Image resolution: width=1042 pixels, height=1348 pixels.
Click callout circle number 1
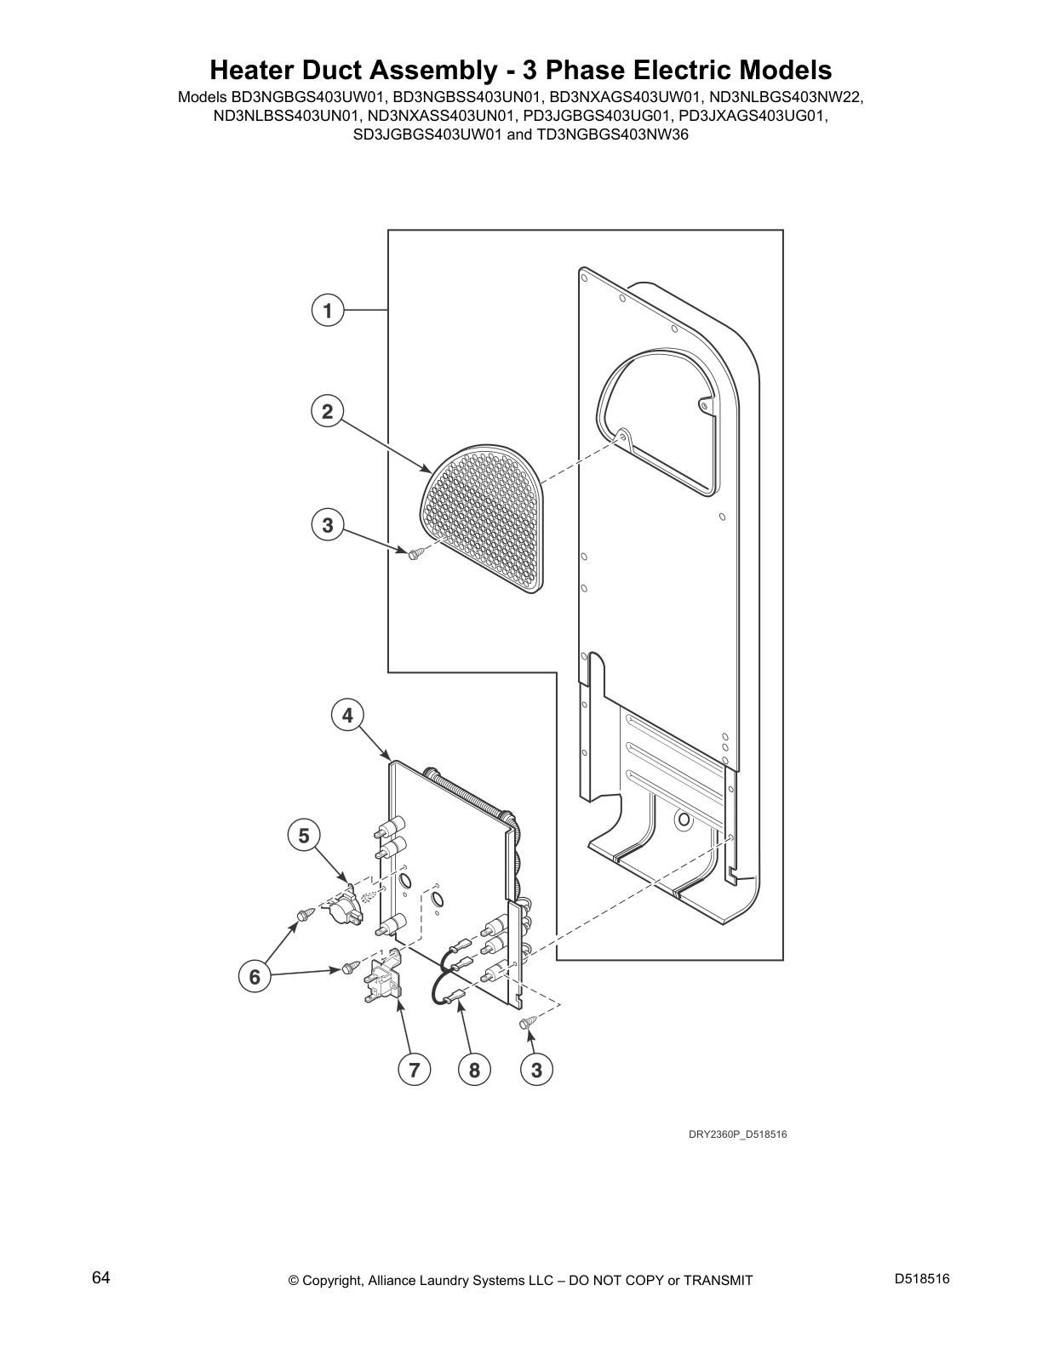tap(327, 311)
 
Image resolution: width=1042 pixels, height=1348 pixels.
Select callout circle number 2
tap(327, 412)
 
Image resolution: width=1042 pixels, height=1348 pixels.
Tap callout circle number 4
tap(347, 716)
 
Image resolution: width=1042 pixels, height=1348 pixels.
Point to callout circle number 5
tap(303, 836)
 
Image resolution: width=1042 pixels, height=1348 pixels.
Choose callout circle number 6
tap(254, 977)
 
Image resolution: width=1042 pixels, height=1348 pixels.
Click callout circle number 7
tap(414, 1069)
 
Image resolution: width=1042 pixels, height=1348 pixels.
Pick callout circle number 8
tap(474, 1069)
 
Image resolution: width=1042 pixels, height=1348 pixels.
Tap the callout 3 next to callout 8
tap(536, 1069)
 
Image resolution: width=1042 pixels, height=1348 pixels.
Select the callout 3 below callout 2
tap(328, 525)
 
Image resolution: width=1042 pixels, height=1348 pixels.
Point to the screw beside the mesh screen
tap(415, 554)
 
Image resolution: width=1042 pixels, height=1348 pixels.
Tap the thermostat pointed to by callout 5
tap(342, 909)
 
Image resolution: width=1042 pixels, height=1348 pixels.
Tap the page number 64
tap(101, 1278)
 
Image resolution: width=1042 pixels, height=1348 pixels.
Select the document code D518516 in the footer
tap(922, 1279)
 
